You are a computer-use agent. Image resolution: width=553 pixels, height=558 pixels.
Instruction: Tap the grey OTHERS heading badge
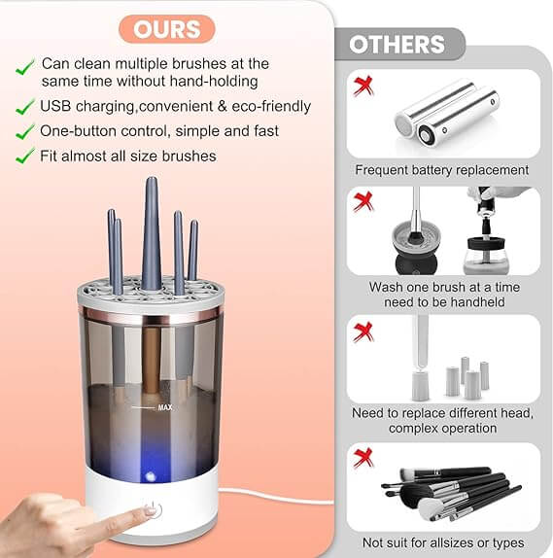point(397,45)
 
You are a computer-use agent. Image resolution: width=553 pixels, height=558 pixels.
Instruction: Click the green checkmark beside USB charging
point(24,106)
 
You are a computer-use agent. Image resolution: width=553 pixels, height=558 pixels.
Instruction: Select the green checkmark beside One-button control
point(24,131)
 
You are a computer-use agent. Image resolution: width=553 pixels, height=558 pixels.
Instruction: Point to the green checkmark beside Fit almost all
point(24,156)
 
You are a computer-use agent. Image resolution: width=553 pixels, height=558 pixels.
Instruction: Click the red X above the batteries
point(363,85)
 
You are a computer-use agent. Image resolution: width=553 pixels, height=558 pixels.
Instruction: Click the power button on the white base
point(150,508)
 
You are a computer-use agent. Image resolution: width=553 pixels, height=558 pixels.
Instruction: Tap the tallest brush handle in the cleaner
point(151,233)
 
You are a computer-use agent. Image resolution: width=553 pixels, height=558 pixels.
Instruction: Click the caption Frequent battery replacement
point(442,170)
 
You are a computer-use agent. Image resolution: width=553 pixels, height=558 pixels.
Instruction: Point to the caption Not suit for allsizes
point(442,542)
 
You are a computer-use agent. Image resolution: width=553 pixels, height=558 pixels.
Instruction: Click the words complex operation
point(442,428)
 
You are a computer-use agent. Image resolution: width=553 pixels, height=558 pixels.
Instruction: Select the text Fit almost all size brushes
point(128,156)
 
